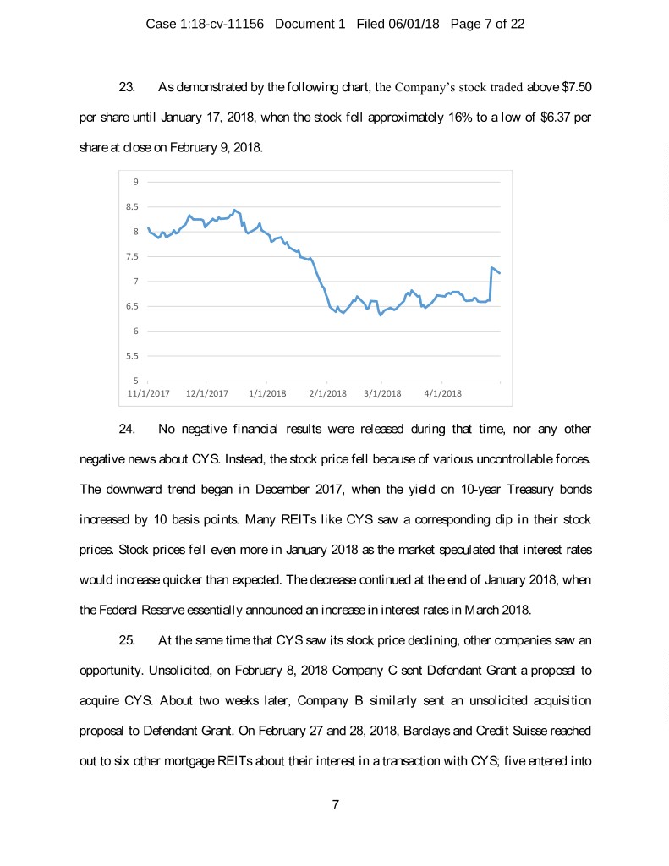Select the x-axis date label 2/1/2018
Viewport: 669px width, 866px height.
pyautogui.click(x=327, y=393)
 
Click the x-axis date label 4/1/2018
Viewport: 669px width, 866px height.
pyautogui.click(x=442, y=393)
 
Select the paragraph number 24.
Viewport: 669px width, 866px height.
pyautogui.click(x=128, y=429)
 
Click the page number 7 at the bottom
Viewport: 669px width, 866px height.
pyautogui.click(x=336, y=804)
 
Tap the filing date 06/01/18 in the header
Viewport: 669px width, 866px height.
pyautogui.click(x=417, y=24)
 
